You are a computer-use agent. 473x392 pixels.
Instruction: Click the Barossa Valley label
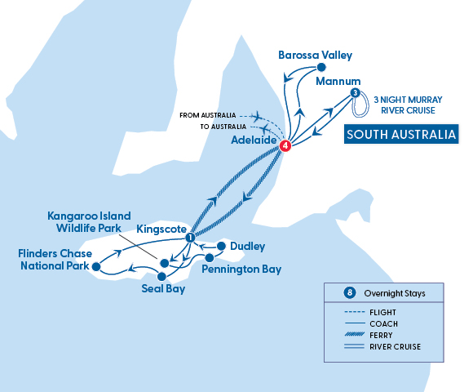[315, 56]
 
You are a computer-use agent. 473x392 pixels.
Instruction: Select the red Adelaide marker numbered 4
[285, 146]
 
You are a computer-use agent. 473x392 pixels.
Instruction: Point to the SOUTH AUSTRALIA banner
[400, 135]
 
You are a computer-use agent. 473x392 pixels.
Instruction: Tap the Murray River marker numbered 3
[355, 93]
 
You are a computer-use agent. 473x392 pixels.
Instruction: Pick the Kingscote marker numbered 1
[189, 238]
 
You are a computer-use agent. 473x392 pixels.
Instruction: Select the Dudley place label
[247, 245]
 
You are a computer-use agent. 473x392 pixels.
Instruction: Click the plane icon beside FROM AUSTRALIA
[261, 115]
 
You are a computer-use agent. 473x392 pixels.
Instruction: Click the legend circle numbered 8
[351, 292]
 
